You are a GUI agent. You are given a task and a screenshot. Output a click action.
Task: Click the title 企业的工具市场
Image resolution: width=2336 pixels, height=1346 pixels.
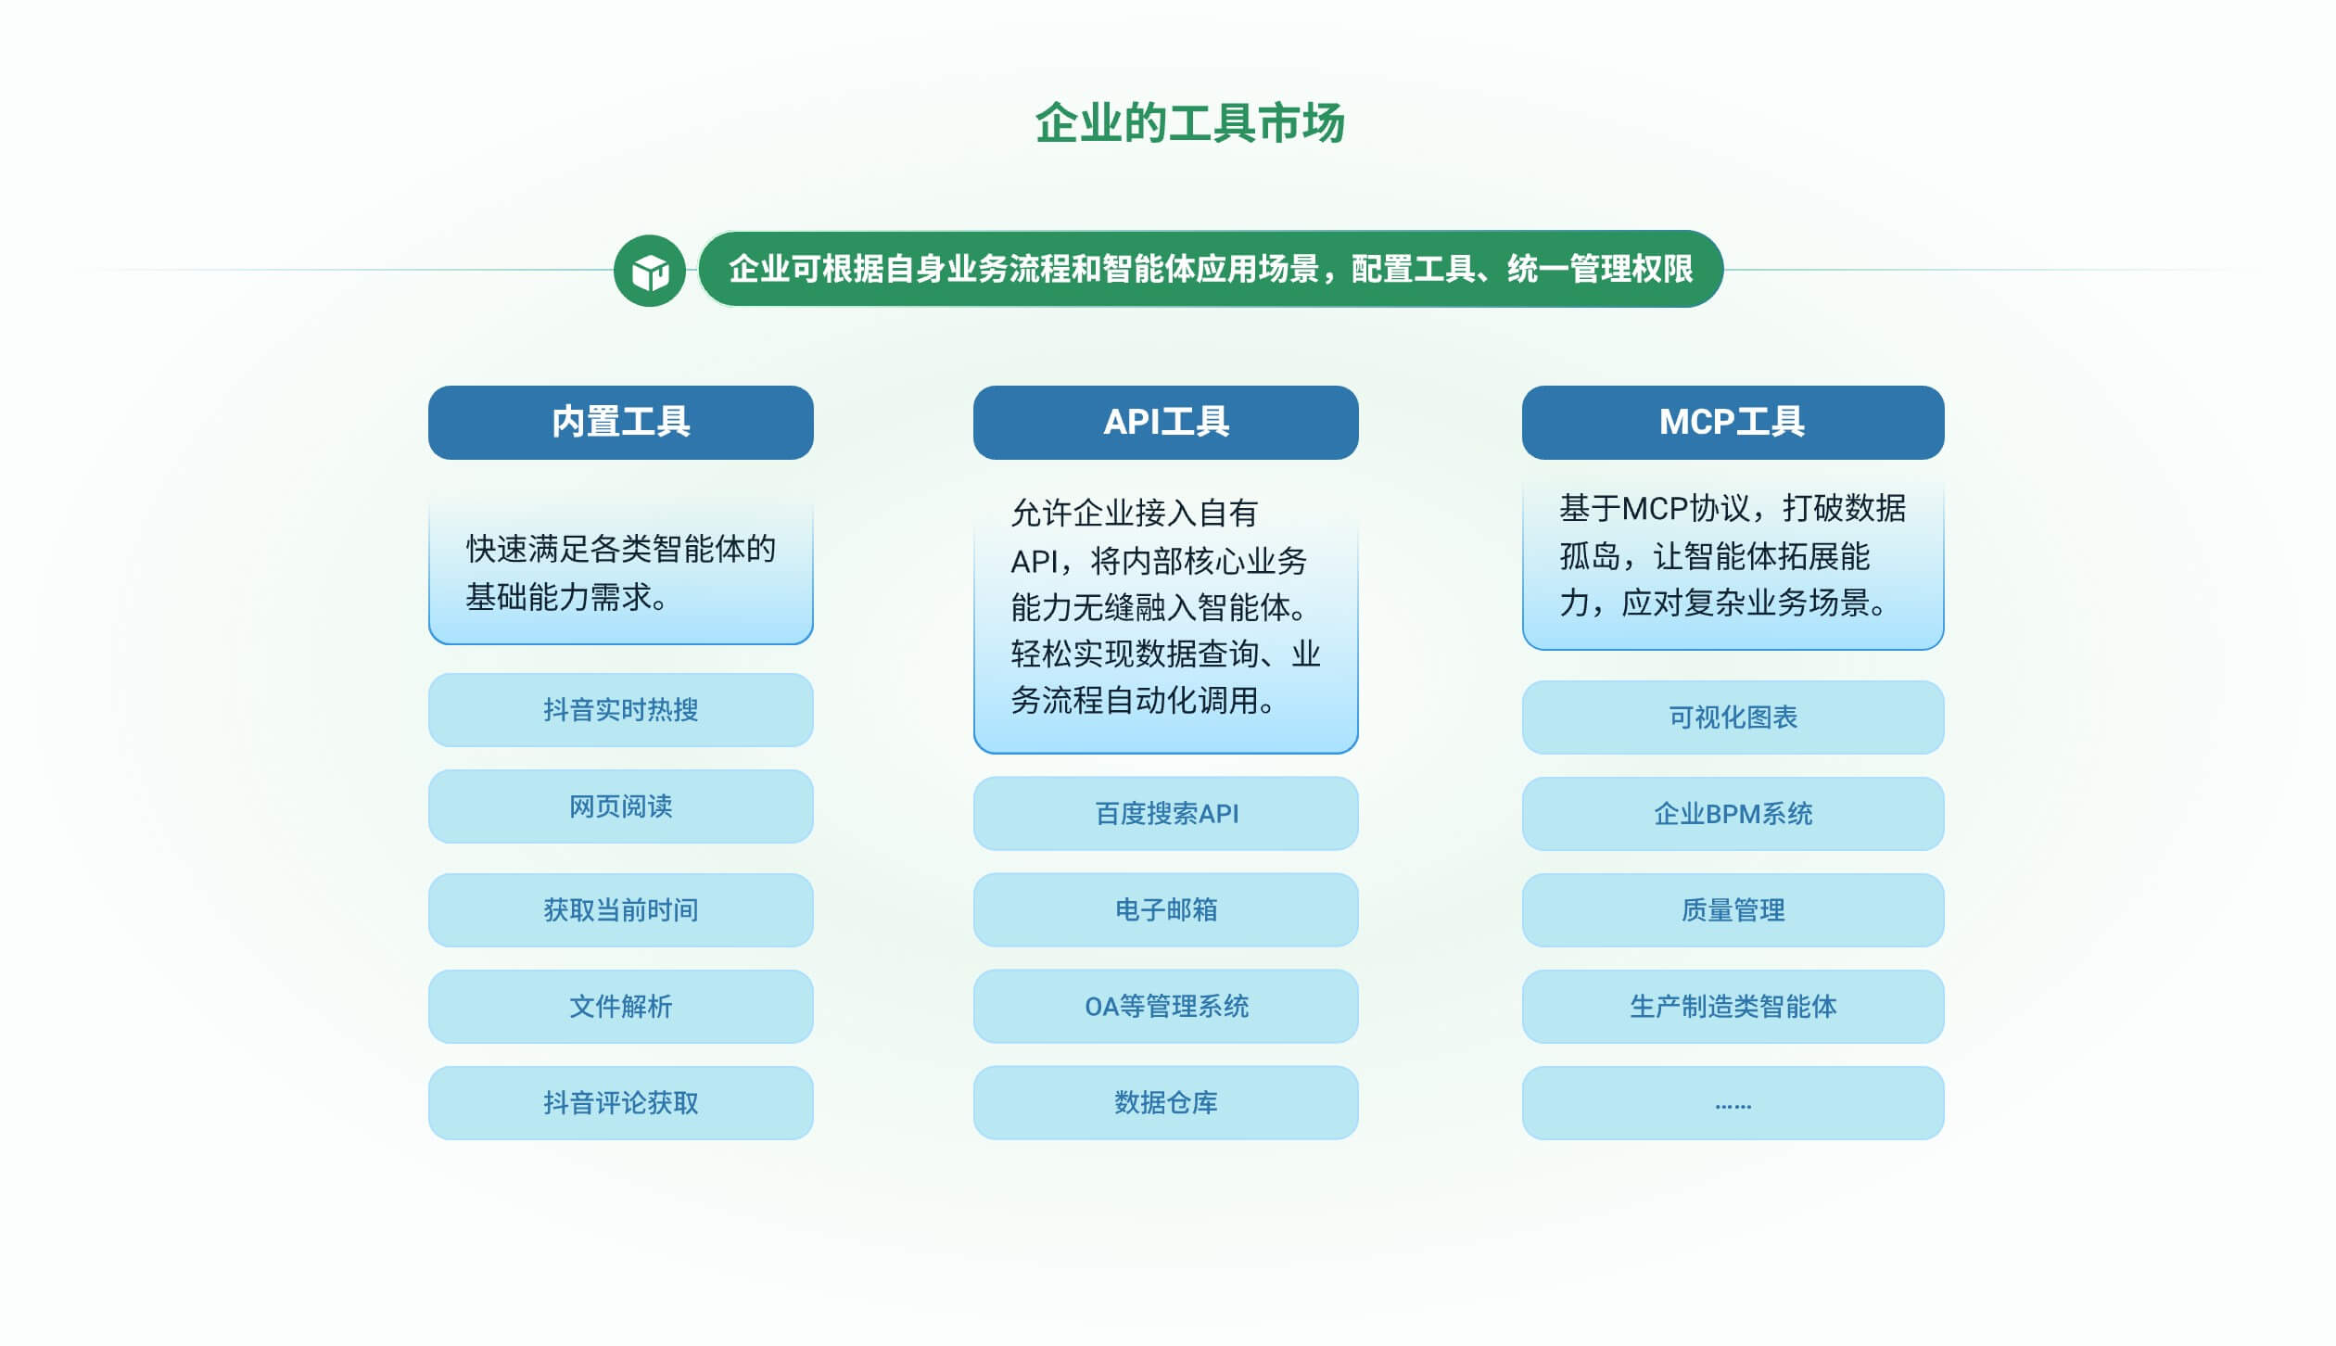(1189, 123)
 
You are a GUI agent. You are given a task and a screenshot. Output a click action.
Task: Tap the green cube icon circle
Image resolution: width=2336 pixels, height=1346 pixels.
(650, 271)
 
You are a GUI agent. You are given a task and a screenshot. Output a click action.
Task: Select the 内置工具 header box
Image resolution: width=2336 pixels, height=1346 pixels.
(621, 423)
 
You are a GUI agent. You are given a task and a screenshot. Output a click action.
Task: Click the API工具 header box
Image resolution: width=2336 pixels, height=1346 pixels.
(1166, 423)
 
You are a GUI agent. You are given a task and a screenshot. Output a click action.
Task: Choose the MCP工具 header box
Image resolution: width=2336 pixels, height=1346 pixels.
(1733, 423)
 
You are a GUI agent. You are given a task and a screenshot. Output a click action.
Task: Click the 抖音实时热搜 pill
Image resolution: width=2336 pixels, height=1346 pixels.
(621, 710)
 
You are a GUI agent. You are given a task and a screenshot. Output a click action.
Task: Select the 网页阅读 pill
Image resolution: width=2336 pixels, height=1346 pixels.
(621, 806)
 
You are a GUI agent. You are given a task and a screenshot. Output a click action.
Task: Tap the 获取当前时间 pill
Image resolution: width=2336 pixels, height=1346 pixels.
(621, 910)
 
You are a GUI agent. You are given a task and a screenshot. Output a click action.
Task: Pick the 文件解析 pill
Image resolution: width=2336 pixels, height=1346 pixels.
(621, 1007)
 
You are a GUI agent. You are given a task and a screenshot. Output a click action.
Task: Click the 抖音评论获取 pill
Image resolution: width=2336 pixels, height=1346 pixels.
(621, 1103)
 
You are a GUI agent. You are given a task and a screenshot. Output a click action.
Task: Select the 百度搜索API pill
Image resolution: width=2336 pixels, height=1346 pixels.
(1166, 814)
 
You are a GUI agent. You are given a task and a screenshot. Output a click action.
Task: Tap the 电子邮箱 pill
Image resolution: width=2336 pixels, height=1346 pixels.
(1166, 910)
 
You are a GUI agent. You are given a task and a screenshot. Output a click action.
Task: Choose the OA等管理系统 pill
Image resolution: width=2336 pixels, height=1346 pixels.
(1166, 1007)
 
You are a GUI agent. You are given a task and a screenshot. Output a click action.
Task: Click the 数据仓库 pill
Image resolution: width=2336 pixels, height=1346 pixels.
(1166, 1103)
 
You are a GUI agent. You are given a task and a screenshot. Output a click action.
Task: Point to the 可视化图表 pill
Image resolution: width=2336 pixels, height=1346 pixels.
(1733, 717)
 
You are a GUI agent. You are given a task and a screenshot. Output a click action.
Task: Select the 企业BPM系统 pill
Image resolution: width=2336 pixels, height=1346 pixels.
(1733, 814)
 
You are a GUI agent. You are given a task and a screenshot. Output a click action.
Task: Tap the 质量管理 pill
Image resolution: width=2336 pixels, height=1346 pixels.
(1733, 910)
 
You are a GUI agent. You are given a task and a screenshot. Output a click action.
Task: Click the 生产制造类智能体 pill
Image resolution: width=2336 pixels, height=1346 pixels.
(1733, 1007)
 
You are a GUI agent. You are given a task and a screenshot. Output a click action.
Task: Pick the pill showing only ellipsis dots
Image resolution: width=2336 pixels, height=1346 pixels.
(1733, 1103)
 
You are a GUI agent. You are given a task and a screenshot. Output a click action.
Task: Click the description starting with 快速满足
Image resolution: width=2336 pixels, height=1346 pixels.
(621, 573)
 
